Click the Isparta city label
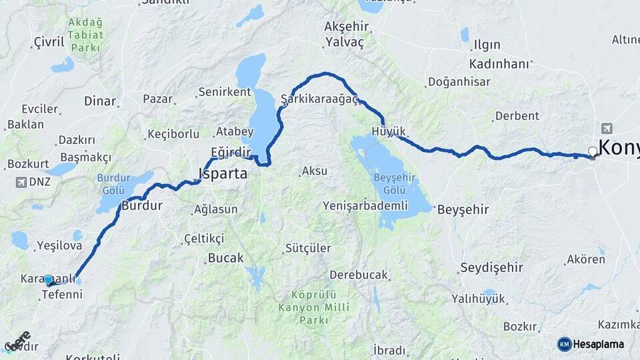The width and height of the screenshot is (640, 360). [223, 174]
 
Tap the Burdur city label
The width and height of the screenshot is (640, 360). [141, 206]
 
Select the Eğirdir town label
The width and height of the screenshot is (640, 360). [230, 153]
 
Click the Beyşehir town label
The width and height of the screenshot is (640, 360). [463, 209]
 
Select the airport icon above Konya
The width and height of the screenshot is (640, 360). [606, 129]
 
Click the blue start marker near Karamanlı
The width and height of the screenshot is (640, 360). [48, 279]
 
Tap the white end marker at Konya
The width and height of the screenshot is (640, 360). [592, 151]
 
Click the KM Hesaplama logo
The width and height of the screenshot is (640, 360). [591, 344]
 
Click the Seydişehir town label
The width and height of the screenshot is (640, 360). [491, 267]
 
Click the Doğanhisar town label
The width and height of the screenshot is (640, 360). [458, 82]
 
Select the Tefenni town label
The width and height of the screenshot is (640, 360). [61, 294]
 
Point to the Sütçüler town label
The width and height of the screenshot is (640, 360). [307, 248]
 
